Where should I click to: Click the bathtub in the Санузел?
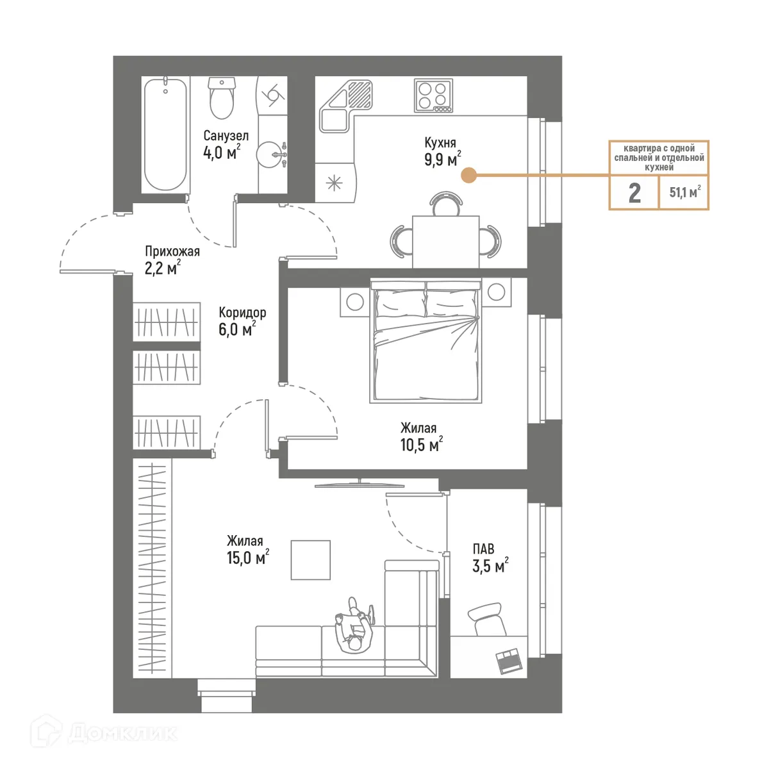(165, 134)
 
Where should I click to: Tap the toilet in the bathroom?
(222, 100)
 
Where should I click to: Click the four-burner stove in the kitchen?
(433, 96)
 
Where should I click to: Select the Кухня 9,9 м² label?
(442, 151)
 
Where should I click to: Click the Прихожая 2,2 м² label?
(171, 260)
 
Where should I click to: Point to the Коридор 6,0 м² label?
(241, 320)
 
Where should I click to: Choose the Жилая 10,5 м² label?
(420, 436)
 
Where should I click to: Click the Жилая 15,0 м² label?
(247, 550)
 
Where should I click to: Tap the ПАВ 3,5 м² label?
(489, 558)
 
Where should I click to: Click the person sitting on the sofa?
(354, 625)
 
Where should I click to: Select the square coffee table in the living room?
(311, 560)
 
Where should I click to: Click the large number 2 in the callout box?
(634, 192)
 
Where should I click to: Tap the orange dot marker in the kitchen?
(469, 175)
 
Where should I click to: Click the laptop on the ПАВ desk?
(509, 661)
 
